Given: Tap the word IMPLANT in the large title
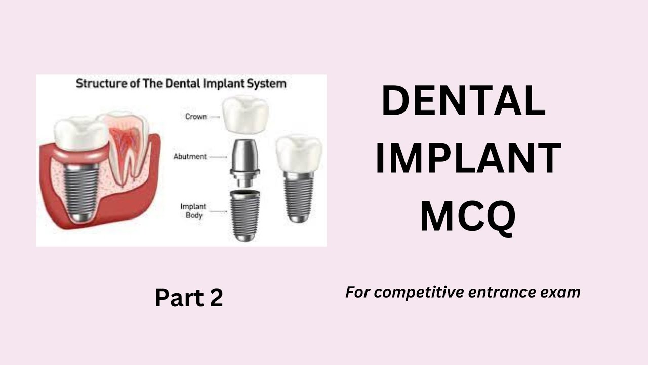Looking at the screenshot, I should [x=468, y=159].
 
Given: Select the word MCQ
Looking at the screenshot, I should [x=468, y=216].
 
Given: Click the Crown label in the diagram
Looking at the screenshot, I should [x=196, y=117].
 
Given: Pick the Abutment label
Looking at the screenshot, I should [x=190, y=157].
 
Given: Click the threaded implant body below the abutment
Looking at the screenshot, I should [x=245, y=215].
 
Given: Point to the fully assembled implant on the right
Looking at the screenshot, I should [x=298, y=177].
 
